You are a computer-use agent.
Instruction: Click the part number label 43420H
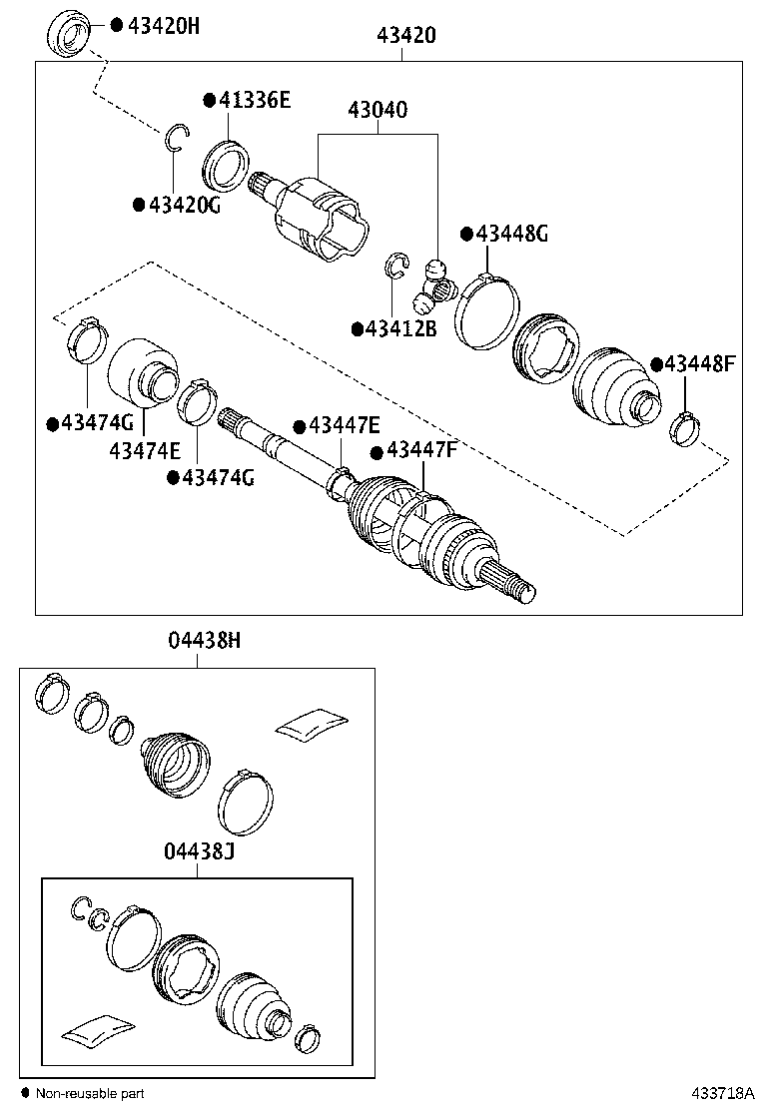point(163,25)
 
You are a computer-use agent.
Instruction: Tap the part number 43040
point(377,110)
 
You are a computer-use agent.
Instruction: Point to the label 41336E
point(254,100)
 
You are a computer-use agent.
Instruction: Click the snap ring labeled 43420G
point(176,138)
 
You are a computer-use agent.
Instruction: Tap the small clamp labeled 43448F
point(684,428)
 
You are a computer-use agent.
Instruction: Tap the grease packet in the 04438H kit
point(311,724)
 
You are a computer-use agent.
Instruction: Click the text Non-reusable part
point(91,1094)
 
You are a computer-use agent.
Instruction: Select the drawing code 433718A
point(718,1093)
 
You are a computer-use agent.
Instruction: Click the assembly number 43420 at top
point(405,36)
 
